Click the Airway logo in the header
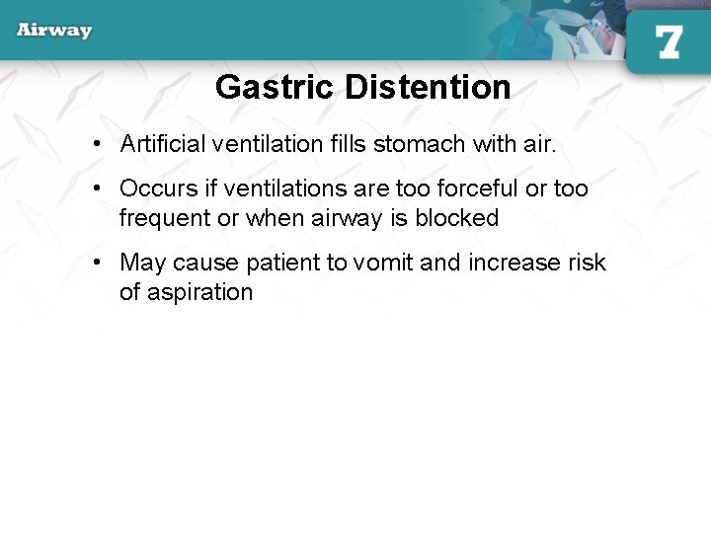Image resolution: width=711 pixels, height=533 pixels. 54,30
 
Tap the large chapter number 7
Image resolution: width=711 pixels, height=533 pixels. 669,41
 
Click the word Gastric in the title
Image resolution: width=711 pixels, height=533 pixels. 276,88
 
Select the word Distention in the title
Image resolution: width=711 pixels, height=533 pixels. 428,88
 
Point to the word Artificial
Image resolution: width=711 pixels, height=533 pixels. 163,144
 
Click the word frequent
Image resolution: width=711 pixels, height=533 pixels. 165,218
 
